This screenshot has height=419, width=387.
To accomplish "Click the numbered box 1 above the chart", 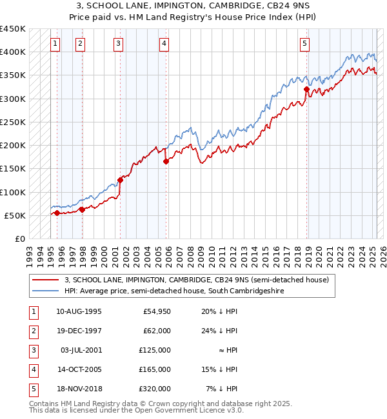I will (x=55, y=44).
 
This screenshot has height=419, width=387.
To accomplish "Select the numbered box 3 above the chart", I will (x=119, y=44).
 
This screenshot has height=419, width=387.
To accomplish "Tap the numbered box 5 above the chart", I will (x=304, y=44).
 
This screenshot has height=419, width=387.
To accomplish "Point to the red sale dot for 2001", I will (x=120, y=180).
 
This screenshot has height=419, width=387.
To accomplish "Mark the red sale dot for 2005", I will (x=166, y=162).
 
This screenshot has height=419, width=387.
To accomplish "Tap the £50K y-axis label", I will (x=15, y=215).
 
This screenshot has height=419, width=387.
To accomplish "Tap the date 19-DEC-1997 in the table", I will (x=79, y=331).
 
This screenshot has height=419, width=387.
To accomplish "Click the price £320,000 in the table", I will (x=155, y=388).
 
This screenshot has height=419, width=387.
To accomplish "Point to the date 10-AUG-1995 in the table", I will (x=79, y=311).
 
